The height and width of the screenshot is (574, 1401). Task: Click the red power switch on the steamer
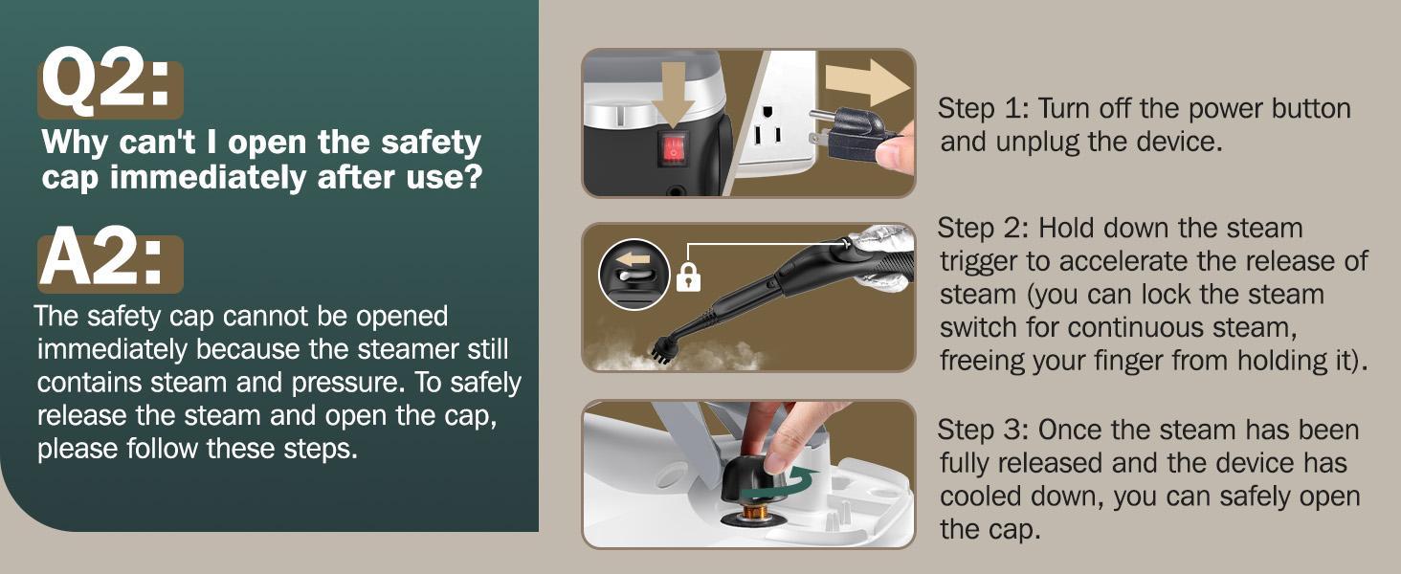tap(674, 149)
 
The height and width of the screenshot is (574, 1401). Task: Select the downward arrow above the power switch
tap(674, 94)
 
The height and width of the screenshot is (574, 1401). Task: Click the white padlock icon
tap(688, 276)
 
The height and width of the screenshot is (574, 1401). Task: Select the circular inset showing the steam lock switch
tap(634, 275)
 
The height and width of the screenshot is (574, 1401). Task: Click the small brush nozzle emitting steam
tap(663, 350)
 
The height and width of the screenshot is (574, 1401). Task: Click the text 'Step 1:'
tap(983, 108)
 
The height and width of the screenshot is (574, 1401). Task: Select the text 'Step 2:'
tap(983, 228)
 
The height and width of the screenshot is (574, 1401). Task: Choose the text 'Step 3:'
tap(983, 430)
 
